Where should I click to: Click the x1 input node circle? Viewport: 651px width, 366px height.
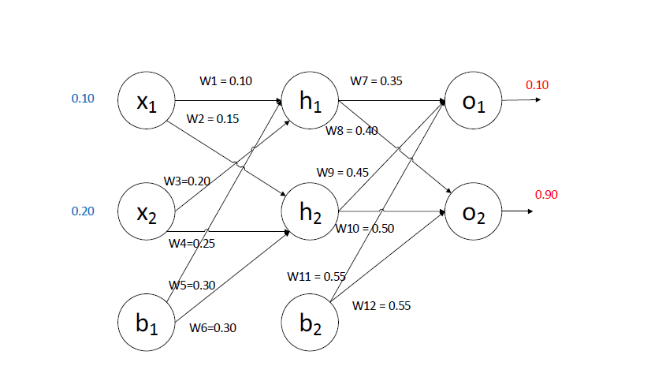[146, 102]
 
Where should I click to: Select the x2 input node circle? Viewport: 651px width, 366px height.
[146, 211]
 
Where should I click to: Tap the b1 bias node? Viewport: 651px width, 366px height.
[146, 323]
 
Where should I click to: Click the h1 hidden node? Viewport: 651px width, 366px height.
[311, 102]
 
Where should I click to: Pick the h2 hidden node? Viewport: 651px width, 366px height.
[311, 211]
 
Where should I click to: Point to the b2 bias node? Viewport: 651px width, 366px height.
[311, 323]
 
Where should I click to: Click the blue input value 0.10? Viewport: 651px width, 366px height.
[83, 99]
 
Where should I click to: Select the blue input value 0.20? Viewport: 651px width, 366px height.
[83, 211]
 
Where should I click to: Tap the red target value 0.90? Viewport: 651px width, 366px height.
[546, 194]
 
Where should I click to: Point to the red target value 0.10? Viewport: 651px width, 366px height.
[537, 84]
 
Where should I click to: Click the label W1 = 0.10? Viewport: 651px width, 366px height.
[226, 80]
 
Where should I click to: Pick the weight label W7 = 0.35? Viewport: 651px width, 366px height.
[376, 80]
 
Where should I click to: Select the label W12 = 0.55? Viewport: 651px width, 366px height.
[381, 305]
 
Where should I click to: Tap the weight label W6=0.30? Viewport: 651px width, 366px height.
[213, 327]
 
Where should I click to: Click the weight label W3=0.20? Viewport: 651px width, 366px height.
[187, 181]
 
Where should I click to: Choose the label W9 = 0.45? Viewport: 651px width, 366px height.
[343, 172]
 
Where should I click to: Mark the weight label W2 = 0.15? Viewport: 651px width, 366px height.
[213, 118]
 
